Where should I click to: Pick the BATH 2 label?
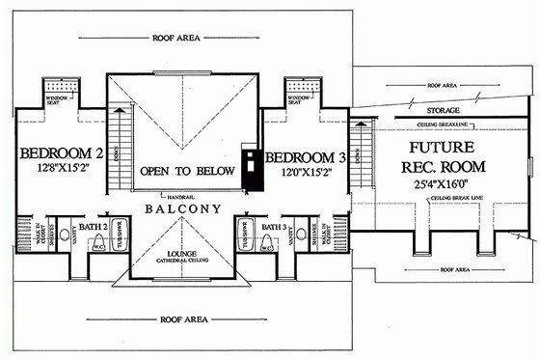92,226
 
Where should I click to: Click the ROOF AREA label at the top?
177,40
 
